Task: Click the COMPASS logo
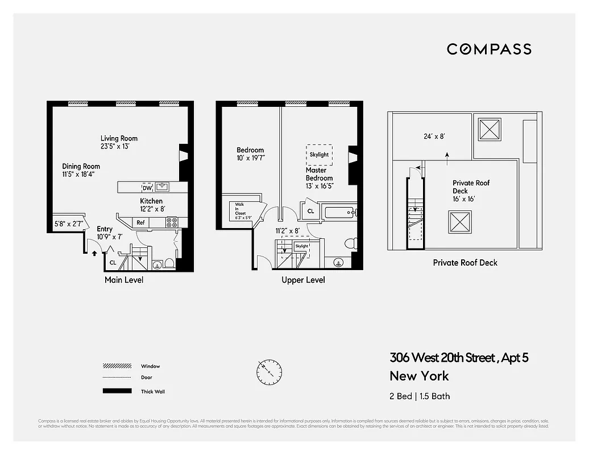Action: pyautogui.click(x=489, y=49)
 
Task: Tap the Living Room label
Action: pyautogui.click(x=119, y=138)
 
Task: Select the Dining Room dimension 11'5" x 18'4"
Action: pyautogui.click(x=78, y=174)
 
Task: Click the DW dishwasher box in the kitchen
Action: pyautogui.click(x=147, y=187)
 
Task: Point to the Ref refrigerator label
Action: pyautogui.click(x=140, y=222)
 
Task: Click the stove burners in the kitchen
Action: pyautogui.click(x=172, y=222)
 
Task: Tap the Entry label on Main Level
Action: pyautogui.click(x=105, y=229)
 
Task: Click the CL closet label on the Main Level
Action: pyautogui.click(x=113, y=263)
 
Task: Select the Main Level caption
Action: pyautogui.click(x=124, y=280)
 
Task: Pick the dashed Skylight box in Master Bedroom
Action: pyautogui.click(x=319, y=154)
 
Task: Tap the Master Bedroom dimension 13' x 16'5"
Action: pyautogui.click(x=319, y=185)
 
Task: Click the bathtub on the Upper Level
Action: pyautogui.click(x=340, y=213)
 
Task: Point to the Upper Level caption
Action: pyautogui.click(x=303, y=280)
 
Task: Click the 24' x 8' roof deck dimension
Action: pyautogui.click(x=433, y=136)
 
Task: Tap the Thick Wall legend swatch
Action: pyautogui.click(x=113, y=391)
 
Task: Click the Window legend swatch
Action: pyautogui.click(x=113, y=366)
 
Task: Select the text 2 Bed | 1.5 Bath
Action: pyautogui.click(x=420, y=396)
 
